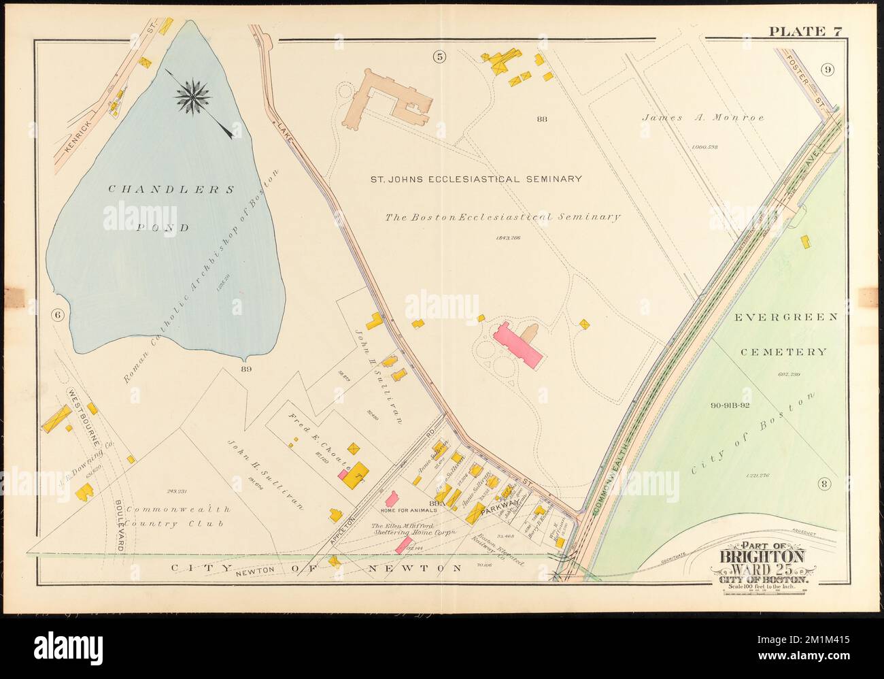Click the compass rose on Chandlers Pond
(x=191, y=96)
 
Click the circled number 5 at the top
(x=440, y=57)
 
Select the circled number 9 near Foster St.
(x=827, y=69)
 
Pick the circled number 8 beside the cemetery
(x=824, y=484)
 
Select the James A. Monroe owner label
(x=703, y=117)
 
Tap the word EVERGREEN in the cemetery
(x=787, y=318)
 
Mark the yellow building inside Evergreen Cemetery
(x=806, y=241)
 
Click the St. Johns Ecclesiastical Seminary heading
(x=475, y=179)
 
